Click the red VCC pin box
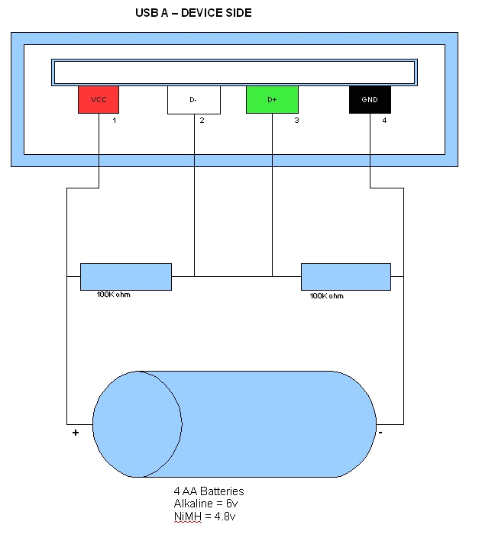coord(99,100)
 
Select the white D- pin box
coord(194,100)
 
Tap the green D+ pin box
coord(272,100)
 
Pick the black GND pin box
coord(370,100)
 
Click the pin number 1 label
coord(115,121)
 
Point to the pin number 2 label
coord(202,121)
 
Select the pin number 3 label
coord(296,121)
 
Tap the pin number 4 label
coord(384,121)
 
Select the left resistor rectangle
coord(126,276)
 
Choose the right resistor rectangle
coord(346,276)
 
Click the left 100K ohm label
coord(114,295)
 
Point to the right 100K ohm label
coord(327,296)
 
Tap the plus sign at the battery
coord(76,433)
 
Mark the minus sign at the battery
coord(380,433)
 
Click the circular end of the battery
coord(137,424)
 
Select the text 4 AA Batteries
coord(209,492)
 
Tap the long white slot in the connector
coord(234,72)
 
